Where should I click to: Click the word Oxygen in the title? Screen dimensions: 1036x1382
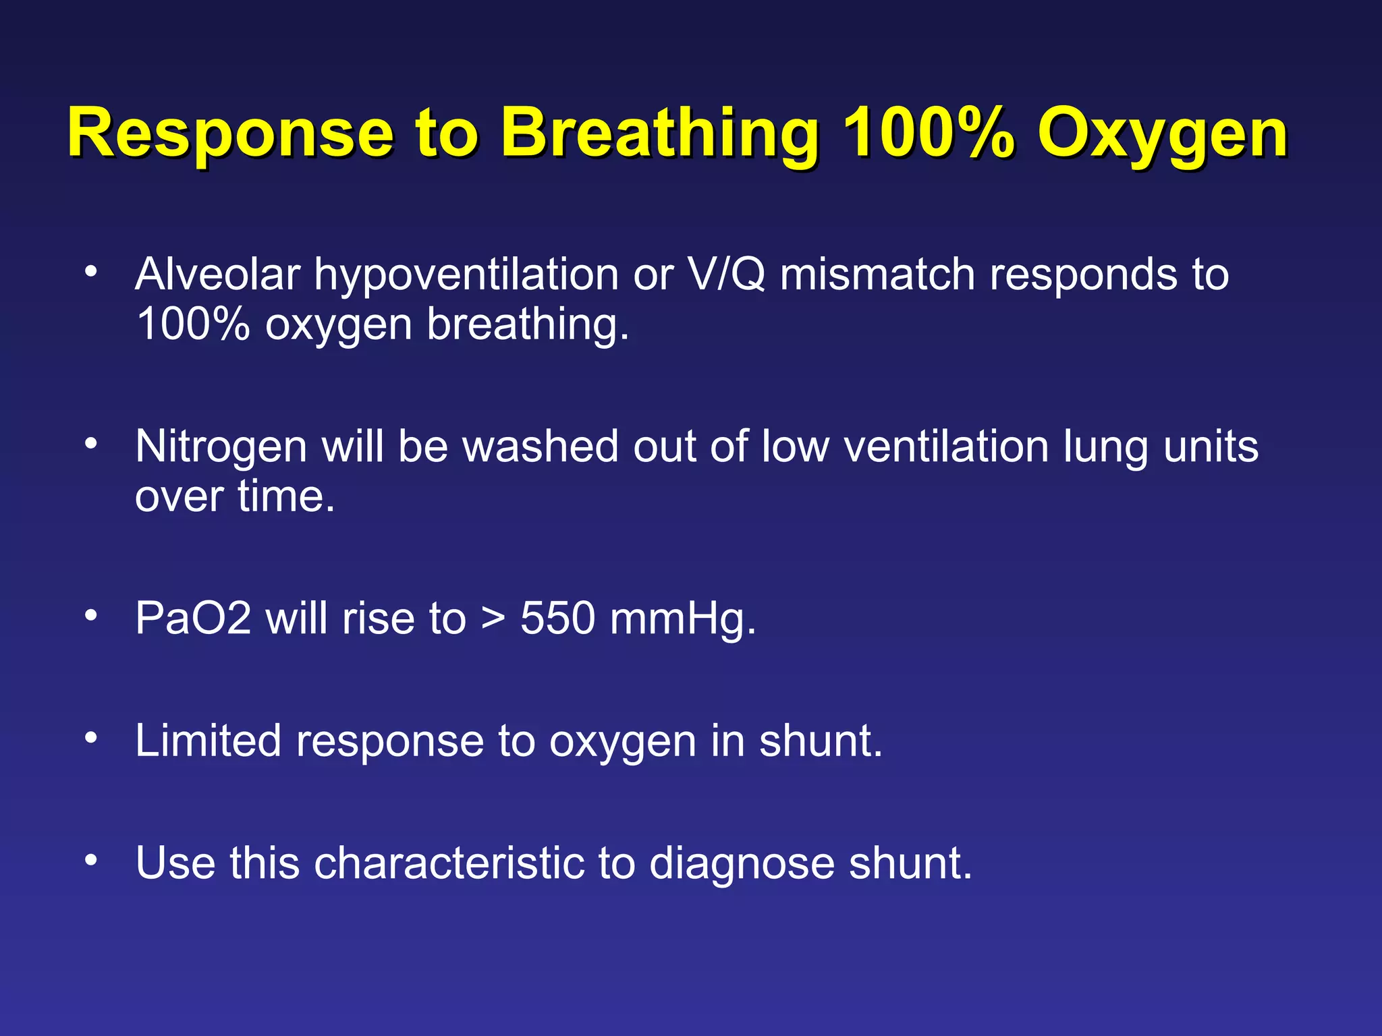[x=1162, y=134]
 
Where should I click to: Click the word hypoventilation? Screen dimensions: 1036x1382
[x=466, y=276]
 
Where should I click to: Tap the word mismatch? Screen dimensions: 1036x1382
[x=877, y=275]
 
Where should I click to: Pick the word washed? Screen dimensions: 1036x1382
[x=541, y=447]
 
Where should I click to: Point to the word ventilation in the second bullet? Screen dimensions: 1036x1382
[x=945, y=447]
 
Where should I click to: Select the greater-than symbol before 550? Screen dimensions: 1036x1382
[x=493, y=619]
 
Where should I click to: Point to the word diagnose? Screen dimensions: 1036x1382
[x=742, y=864]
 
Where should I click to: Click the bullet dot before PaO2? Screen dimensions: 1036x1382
[x=91, y=614]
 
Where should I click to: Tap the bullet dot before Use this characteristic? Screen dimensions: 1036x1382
[x=91, y=859]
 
